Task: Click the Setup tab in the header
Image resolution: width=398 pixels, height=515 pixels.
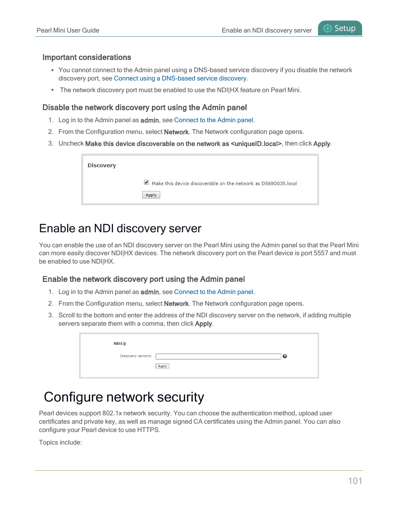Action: tap(340, 28)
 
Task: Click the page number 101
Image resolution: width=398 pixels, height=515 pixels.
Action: tap(355, 481)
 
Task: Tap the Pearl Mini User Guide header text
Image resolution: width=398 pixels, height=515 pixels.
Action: tap(68, 30)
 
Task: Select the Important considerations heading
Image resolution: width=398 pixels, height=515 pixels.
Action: tap(87, 58)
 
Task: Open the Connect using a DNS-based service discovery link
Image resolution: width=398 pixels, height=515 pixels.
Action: tap(180, 78)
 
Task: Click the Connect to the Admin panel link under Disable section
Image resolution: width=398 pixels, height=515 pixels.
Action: tap(214, 120)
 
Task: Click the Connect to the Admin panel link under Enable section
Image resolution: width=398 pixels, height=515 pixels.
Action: tap(214, 292)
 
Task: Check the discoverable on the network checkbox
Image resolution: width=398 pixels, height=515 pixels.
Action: tap(146, 182)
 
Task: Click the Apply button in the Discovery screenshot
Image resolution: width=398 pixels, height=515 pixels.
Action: tap(151, 195)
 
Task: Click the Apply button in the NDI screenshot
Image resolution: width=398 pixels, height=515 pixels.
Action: tap(162, 366)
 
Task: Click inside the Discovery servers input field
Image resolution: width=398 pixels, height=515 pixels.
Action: tap(218, 356)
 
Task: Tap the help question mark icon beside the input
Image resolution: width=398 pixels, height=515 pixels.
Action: tap(285, 356)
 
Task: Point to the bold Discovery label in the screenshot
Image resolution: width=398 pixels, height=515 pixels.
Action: tap(102, 166)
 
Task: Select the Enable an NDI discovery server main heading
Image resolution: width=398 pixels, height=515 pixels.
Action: tap(120, 229)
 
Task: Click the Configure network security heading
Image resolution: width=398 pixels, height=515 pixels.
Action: tap(124, 397)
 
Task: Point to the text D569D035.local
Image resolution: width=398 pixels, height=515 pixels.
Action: tap(279, 183)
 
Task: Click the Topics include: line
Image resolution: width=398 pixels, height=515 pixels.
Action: tap(60, 442)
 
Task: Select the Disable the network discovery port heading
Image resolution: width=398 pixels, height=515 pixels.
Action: tap(144, 108)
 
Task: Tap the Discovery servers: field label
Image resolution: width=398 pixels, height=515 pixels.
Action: tap(136, 356)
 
